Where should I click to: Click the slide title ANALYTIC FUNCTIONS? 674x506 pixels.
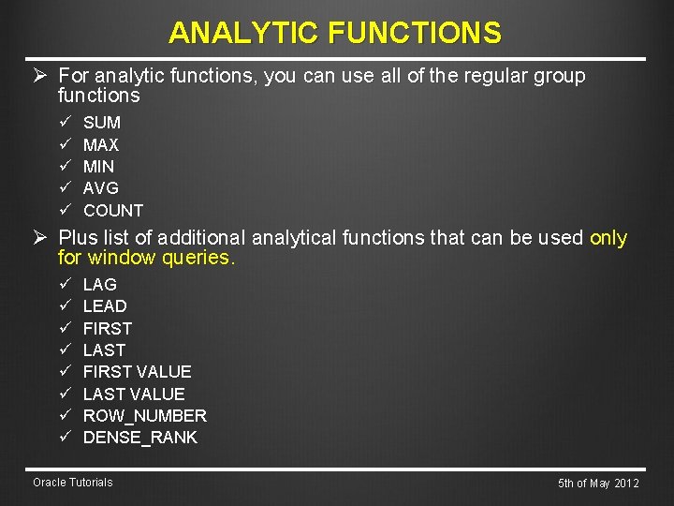point(335,34)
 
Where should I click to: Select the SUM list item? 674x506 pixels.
point(102,123)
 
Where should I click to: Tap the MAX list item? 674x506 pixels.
point(101,145)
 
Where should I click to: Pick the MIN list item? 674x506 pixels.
point(99,167)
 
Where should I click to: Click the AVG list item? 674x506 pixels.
point(101,188)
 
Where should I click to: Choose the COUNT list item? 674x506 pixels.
point(113,211)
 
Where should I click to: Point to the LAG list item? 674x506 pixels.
point(100,284)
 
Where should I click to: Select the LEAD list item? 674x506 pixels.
point(105,306)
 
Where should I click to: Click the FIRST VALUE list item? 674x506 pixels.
point(137,372)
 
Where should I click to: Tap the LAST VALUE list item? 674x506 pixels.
point(134,394)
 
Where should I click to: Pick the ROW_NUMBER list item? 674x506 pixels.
point(145,416)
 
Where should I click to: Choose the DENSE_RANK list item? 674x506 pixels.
point(140,438)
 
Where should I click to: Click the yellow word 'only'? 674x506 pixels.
point(608,238)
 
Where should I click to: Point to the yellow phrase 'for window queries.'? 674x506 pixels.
point(146,258)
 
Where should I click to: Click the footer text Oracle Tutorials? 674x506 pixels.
point(72,483)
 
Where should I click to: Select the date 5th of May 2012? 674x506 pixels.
point(598,484)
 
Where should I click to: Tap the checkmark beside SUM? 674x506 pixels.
point(65,123)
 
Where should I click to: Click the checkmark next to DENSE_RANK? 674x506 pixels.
point(65,438)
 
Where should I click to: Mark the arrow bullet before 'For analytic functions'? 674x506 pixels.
point(41,75)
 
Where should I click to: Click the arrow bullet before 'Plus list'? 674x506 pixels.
point(41,238)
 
